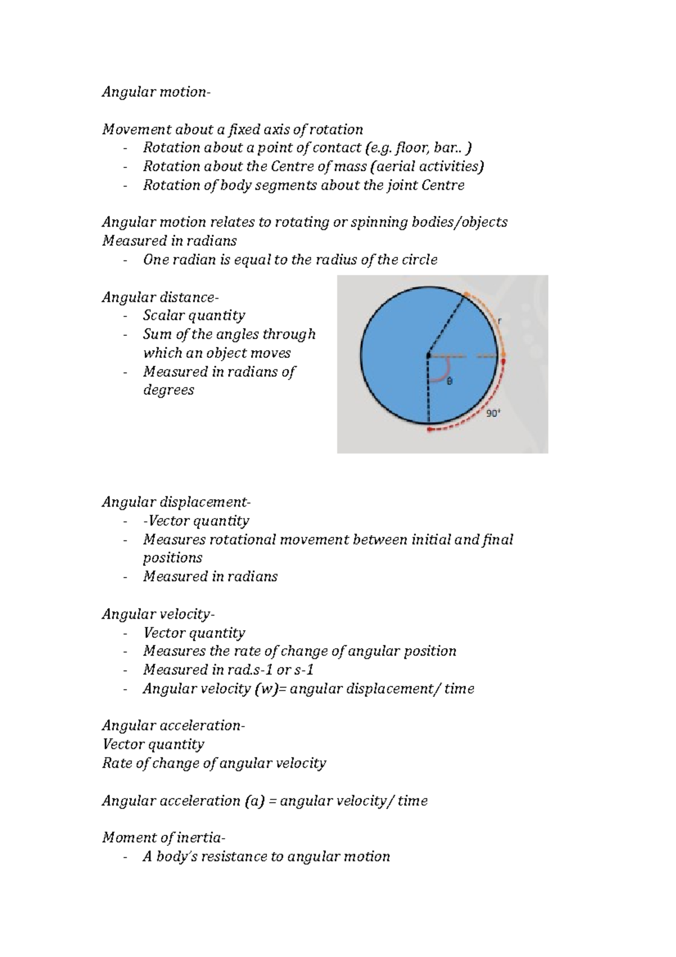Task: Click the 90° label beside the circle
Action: point(493,414)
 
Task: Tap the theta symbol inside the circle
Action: point(449,382)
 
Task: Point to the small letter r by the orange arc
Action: point(499,321)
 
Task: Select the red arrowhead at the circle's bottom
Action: point(430,430)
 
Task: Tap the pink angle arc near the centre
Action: point(443,372)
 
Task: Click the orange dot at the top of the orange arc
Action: point(466,295)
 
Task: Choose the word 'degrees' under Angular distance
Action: point(168,390)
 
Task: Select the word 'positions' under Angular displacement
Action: point(172,558)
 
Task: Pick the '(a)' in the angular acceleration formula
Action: point(254,801)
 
